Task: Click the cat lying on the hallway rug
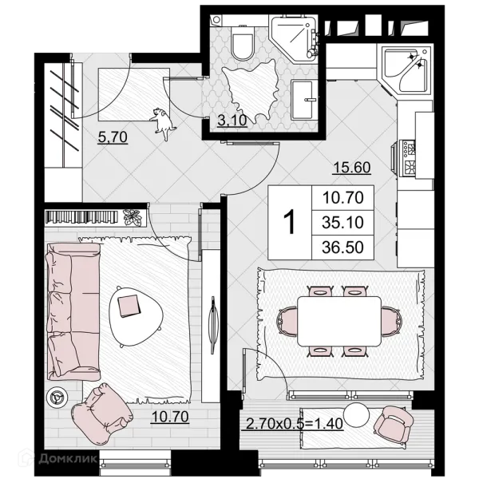tap(162, 123)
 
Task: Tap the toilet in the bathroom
tap(243, 43)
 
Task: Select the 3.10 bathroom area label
tap(232, 121)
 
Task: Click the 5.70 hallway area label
tap(113, 137)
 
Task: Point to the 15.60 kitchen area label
tap(352, 168)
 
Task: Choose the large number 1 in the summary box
tap(289, 222)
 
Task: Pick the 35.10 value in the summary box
tap(342, 223)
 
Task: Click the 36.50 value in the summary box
tap(342, 247)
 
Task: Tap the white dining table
tap(339, 321)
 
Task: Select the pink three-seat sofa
tap(73, 311)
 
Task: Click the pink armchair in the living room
tap(101, 409)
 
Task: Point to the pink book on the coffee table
tap(129, 306)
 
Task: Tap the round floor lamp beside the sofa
tap(57, 397)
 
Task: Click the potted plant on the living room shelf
tap(133, 217)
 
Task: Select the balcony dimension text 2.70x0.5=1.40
tap(294, 424)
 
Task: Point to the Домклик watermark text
tap(68, 458)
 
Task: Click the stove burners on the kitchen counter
tap(409, 159)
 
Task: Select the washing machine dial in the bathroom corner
tap(216, 20)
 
